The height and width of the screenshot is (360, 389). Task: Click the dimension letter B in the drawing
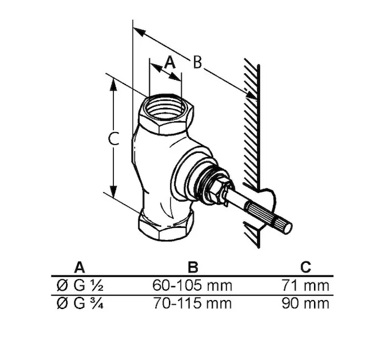pyautogui.click(x=197, y=62)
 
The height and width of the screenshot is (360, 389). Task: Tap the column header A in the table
pyautogui.click(x=79, y=267)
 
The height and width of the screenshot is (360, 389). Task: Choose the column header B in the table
pyautogui.click(x=193, y=267)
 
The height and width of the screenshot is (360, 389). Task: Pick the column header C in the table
pyautogui.click(x=306, y=267)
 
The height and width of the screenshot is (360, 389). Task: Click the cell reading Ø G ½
pyautogui.click(x=80, y=286)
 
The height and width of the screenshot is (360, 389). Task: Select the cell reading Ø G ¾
pyautogui.click(x=80, y=303)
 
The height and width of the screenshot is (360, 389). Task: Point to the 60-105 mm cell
pyautogui.click(x=192, y=286)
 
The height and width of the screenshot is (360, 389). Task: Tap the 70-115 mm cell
pyautogui.click(x=192, y=303)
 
